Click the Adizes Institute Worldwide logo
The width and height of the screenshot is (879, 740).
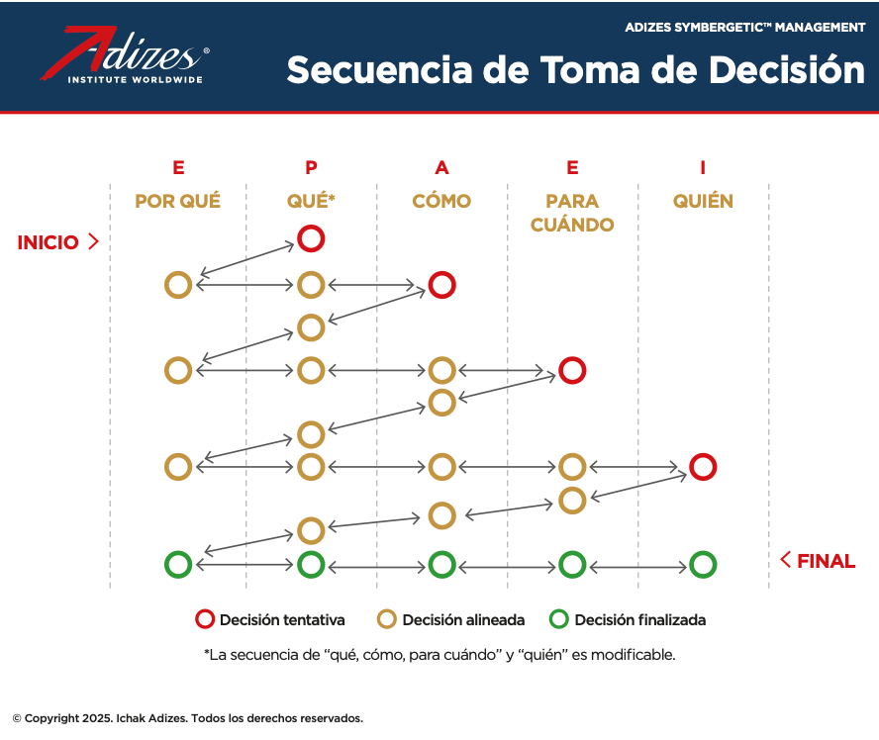point(125,54)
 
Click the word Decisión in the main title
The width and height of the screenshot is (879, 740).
point(787,70)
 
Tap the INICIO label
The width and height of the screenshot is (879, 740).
point(49,242)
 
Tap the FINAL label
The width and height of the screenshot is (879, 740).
point(826,561)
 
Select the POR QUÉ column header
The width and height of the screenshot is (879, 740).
point(178,201)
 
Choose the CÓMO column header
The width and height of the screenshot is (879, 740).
point(441,201)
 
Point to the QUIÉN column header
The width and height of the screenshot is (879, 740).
point(703,201)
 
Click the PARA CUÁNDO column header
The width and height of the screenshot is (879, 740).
point(572,213)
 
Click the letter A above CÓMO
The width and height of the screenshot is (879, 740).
point(441,167)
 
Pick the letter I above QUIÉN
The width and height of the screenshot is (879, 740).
point(703,167)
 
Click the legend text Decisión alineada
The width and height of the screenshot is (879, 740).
point(463,620)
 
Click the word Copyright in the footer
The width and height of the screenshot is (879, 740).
point(51,718)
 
